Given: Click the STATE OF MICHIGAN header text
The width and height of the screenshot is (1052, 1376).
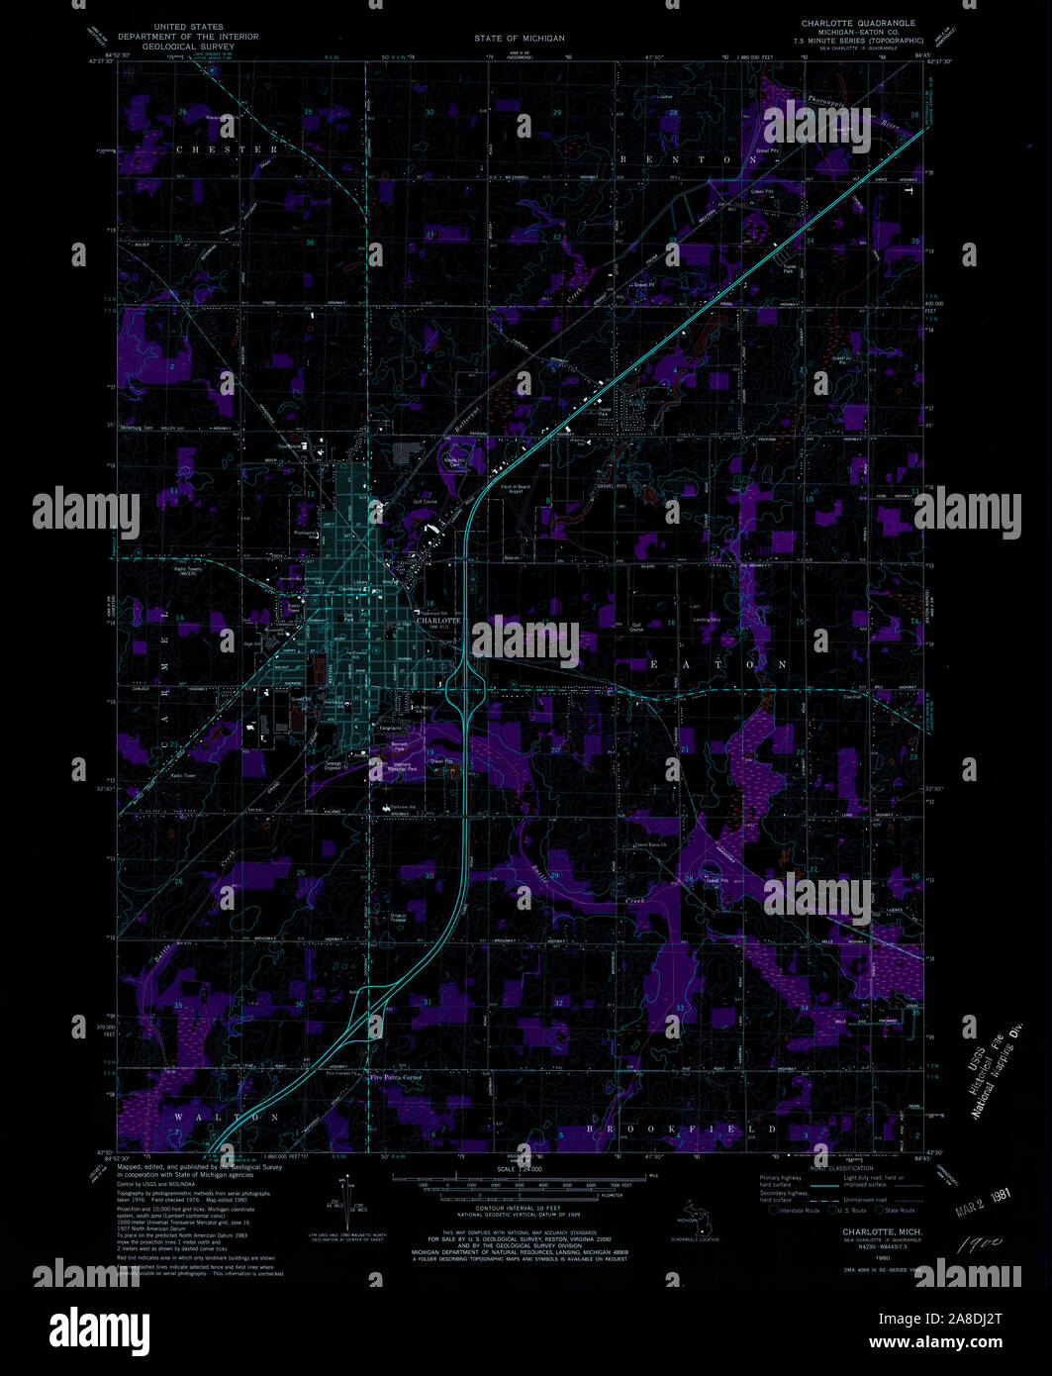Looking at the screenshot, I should click(519, 38).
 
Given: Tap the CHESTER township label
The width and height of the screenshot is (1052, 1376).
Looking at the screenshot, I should click(227, 149).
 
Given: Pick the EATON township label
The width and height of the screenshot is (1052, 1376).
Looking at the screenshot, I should click(717, 664).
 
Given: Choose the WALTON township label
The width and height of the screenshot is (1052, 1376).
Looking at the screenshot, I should click(227, 1117).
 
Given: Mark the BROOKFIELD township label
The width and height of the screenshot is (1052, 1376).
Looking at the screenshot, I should click(683, 1129).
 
